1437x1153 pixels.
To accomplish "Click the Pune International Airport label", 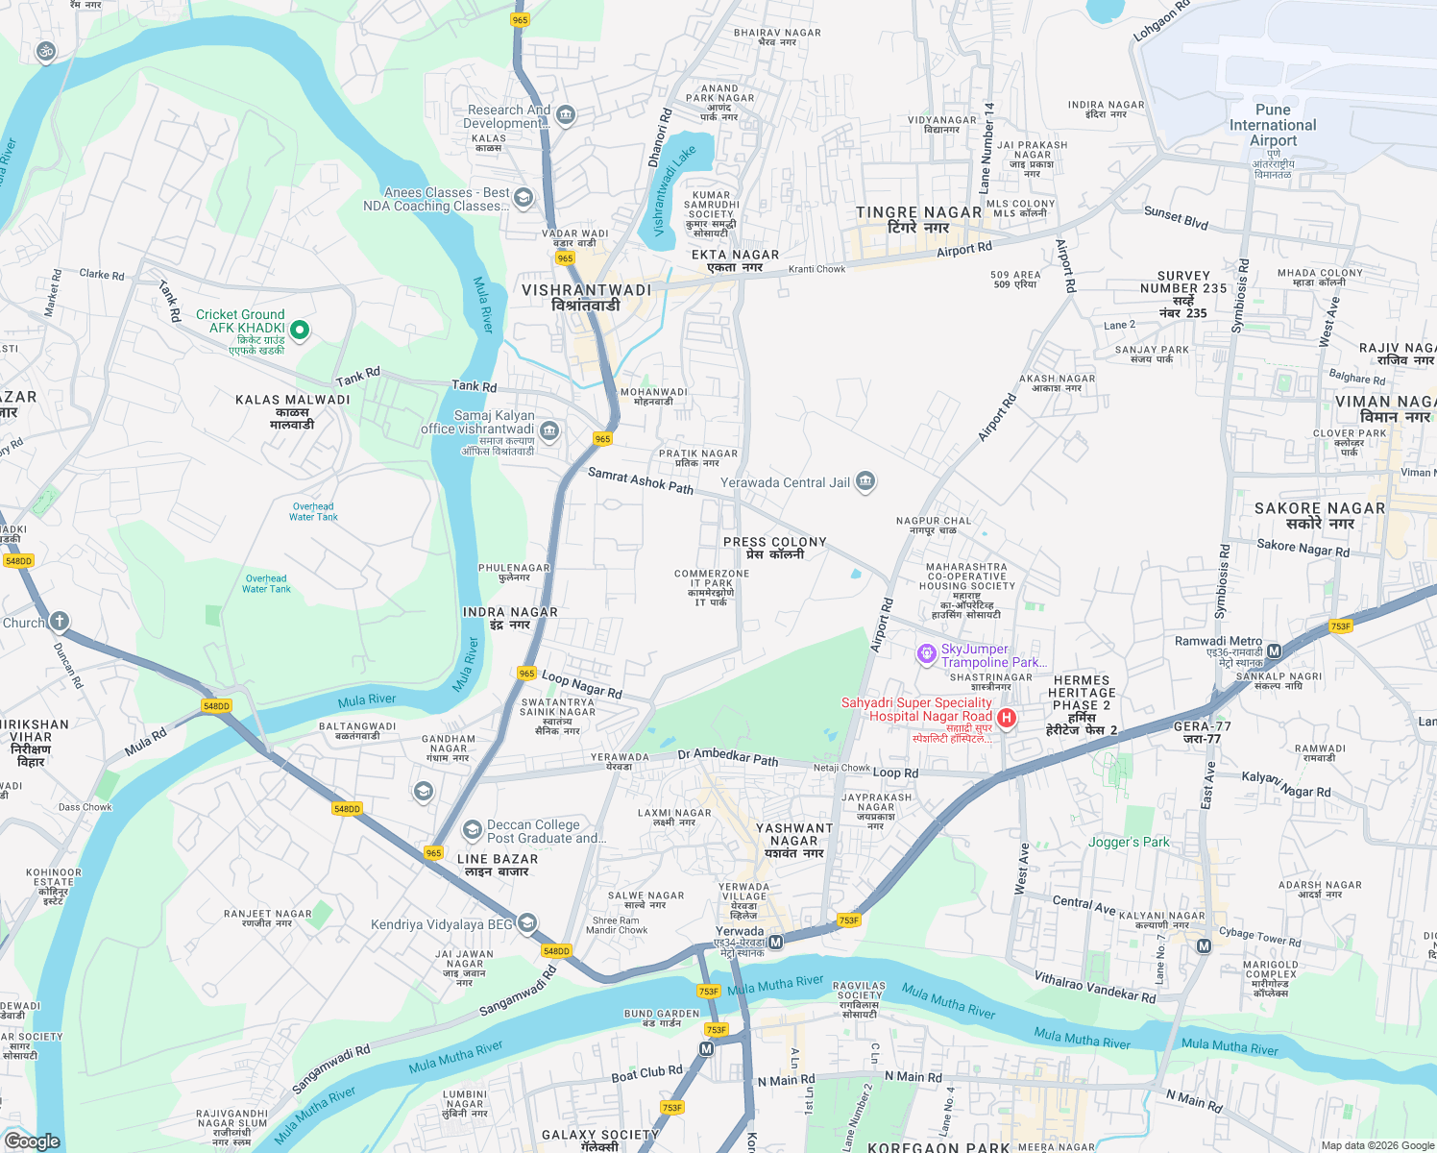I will point(1273,125).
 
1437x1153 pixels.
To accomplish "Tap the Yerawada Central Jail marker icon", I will point(865,481).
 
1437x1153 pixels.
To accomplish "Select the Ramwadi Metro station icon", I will point(1274,651).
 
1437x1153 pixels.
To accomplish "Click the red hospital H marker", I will point(1007,718).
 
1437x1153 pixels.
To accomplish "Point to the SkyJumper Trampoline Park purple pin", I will point(926,654).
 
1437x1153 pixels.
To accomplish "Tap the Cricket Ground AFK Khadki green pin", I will point(300,331).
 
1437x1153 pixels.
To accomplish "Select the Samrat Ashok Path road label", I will point(641,480).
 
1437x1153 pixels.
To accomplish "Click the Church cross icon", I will point(60,621).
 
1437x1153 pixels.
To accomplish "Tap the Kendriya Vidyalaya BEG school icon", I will point(526,924).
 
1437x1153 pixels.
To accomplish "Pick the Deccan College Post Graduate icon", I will point(472,829).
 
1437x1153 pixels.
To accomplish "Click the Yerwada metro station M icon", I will point(776,943).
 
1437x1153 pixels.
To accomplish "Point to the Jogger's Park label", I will point(1129,842).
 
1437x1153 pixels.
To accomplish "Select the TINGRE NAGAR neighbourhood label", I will point(919,212).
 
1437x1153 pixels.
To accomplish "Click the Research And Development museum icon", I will point(565,115).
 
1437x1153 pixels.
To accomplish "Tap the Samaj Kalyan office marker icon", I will point(549,430).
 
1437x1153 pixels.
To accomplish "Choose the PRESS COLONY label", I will point(774,542).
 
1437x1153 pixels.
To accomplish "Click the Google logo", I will point(33,1141).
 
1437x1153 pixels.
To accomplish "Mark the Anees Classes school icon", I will point(524,198).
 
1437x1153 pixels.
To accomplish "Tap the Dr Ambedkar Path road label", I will point(728,757).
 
